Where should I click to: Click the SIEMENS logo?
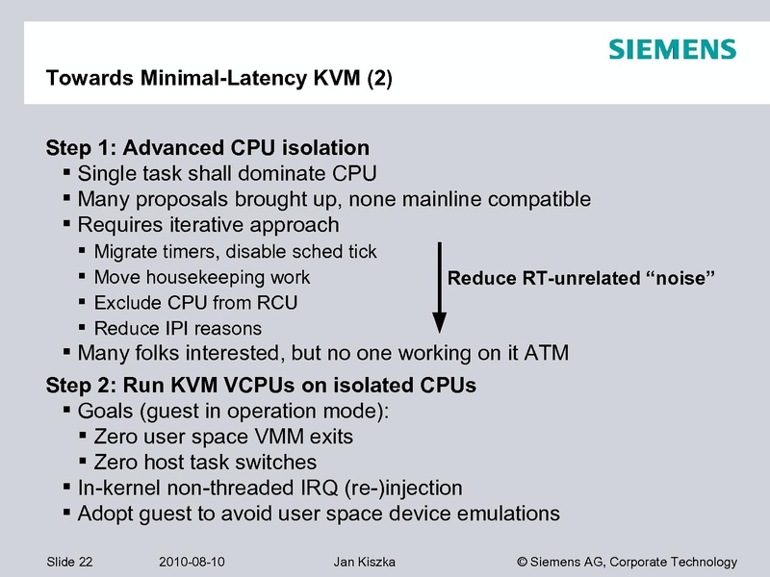click(x=672, y=49)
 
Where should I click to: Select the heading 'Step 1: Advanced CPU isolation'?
click(x=208, y=148)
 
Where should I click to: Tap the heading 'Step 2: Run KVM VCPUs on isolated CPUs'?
click(x=262, y=387)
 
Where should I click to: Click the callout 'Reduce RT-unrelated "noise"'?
click(x=580, y=278)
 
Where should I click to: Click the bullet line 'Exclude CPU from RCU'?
click(x=196, y=303)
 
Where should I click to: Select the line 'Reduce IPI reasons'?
click(x=178, y=328)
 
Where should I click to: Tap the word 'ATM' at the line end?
click(x=545, y=353)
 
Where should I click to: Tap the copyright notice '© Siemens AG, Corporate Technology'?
click(x=627, y=562)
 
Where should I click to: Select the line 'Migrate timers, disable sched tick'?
click(x=236, y=252)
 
